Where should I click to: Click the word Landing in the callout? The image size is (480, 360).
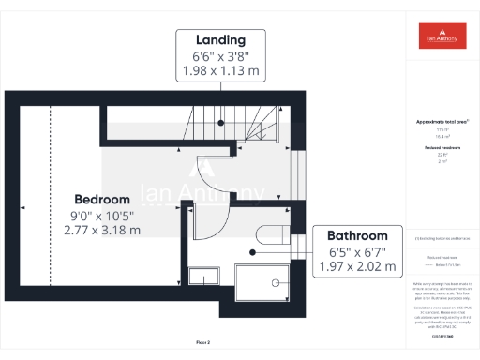220,40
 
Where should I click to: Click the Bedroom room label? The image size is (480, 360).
102,200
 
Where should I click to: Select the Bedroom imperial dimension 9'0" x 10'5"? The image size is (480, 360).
102,215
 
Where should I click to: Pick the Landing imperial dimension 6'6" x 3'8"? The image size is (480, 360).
220,57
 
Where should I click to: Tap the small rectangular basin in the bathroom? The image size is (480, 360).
202,276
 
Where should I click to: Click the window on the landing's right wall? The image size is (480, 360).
300,169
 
